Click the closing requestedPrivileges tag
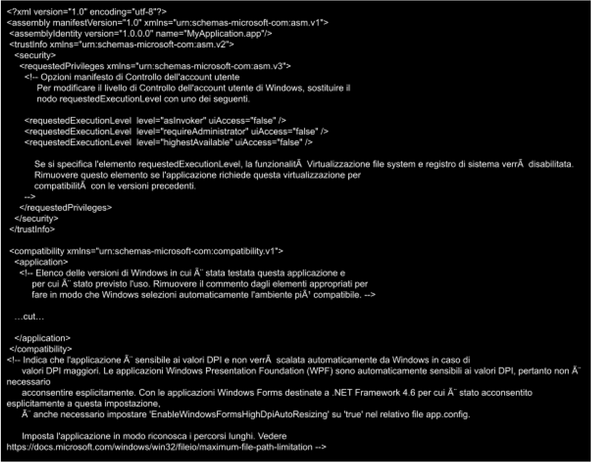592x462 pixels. tap(66, 208)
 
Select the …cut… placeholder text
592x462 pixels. tap(29, 317)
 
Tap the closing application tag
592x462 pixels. tap(42, 339)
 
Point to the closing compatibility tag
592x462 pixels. tap(41, 349)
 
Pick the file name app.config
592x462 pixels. tap(447, 415)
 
